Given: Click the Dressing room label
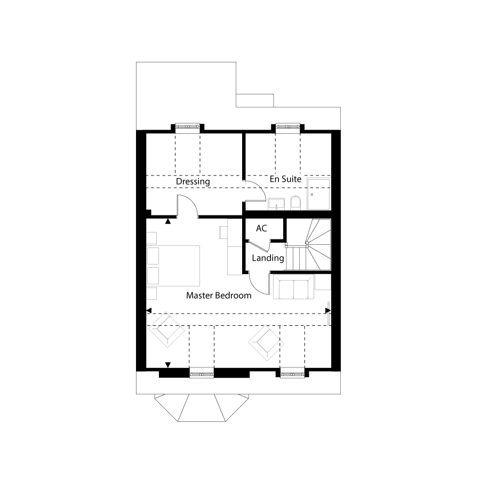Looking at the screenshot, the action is (193, 181).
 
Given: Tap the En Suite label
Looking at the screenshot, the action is (285, 179).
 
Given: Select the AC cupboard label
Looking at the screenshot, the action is (261, 228).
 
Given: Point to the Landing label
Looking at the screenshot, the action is (268, 258).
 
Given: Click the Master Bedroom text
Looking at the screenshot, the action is (219, 295).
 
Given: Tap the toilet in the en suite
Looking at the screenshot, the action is (295, 203).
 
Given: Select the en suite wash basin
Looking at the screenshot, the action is (276, 204).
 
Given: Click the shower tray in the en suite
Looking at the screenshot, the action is (319, 194).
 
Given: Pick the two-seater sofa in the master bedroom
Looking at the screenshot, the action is (293, 287).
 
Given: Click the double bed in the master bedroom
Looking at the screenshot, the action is (173, 266).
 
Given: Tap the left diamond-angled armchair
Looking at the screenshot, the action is (166, 330).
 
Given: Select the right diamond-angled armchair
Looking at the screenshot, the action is (266, 343).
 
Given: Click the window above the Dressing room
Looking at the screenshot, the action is (187, 127).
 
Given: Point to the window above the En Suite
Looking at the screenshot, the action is (287, 127).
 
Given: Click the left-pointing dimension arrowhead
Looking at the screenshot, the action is (149, 311).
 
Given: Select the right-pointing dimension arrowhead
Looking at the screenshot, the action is (328, 311).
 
